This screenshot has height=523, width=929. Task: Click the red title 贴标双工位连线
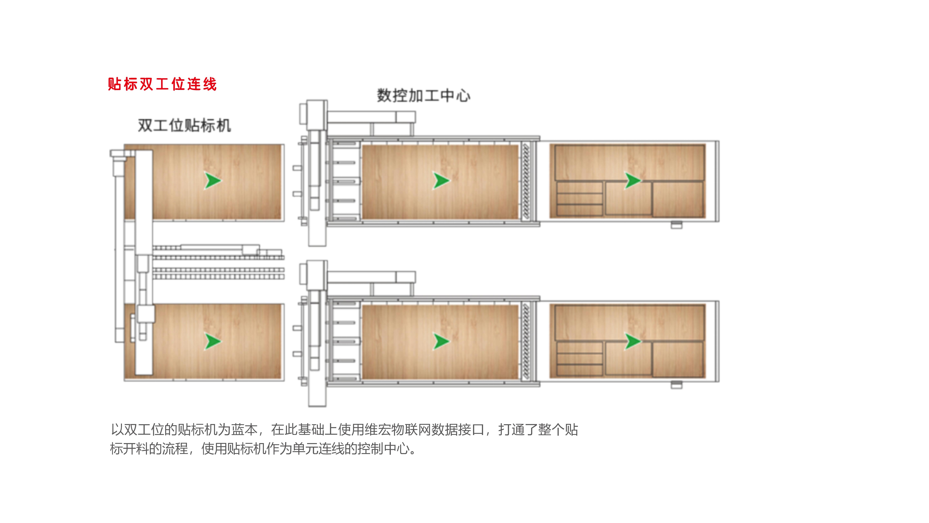click(162, 84)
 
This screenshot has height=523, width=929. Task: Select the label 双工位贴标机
click(184, 125)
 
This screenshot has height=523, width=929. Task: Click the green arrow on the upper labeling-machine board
click(213, 180)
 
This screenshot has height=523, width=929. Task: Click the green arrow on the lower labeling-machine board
click(213, 341)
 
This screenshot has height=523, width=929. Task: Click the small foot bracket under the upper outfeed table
click(677, 225)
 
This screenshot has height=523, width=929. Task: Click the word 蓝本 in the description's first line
click(245, 430)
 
